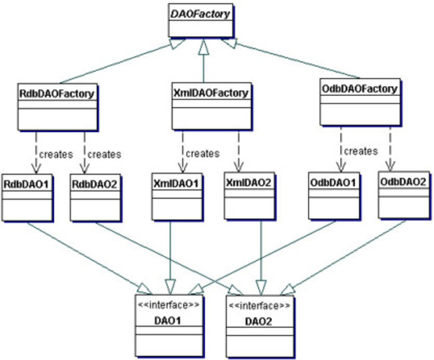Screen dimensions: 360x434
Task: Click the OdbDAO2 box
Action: click(403, 196)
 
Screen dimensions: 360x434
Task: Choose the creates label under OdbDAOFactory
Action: click(360, 151)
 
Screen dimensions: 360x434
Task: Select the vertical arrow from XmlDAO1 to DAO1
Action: click(171, 255)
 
